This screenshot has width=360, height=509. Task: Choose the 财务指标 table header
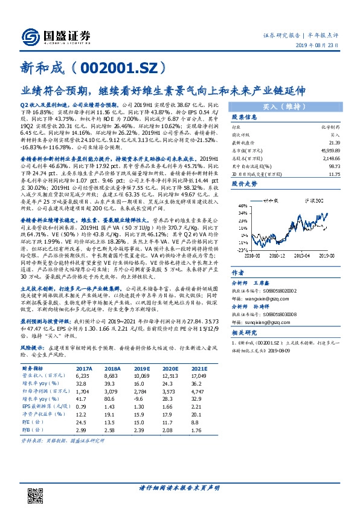point(34,368)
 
